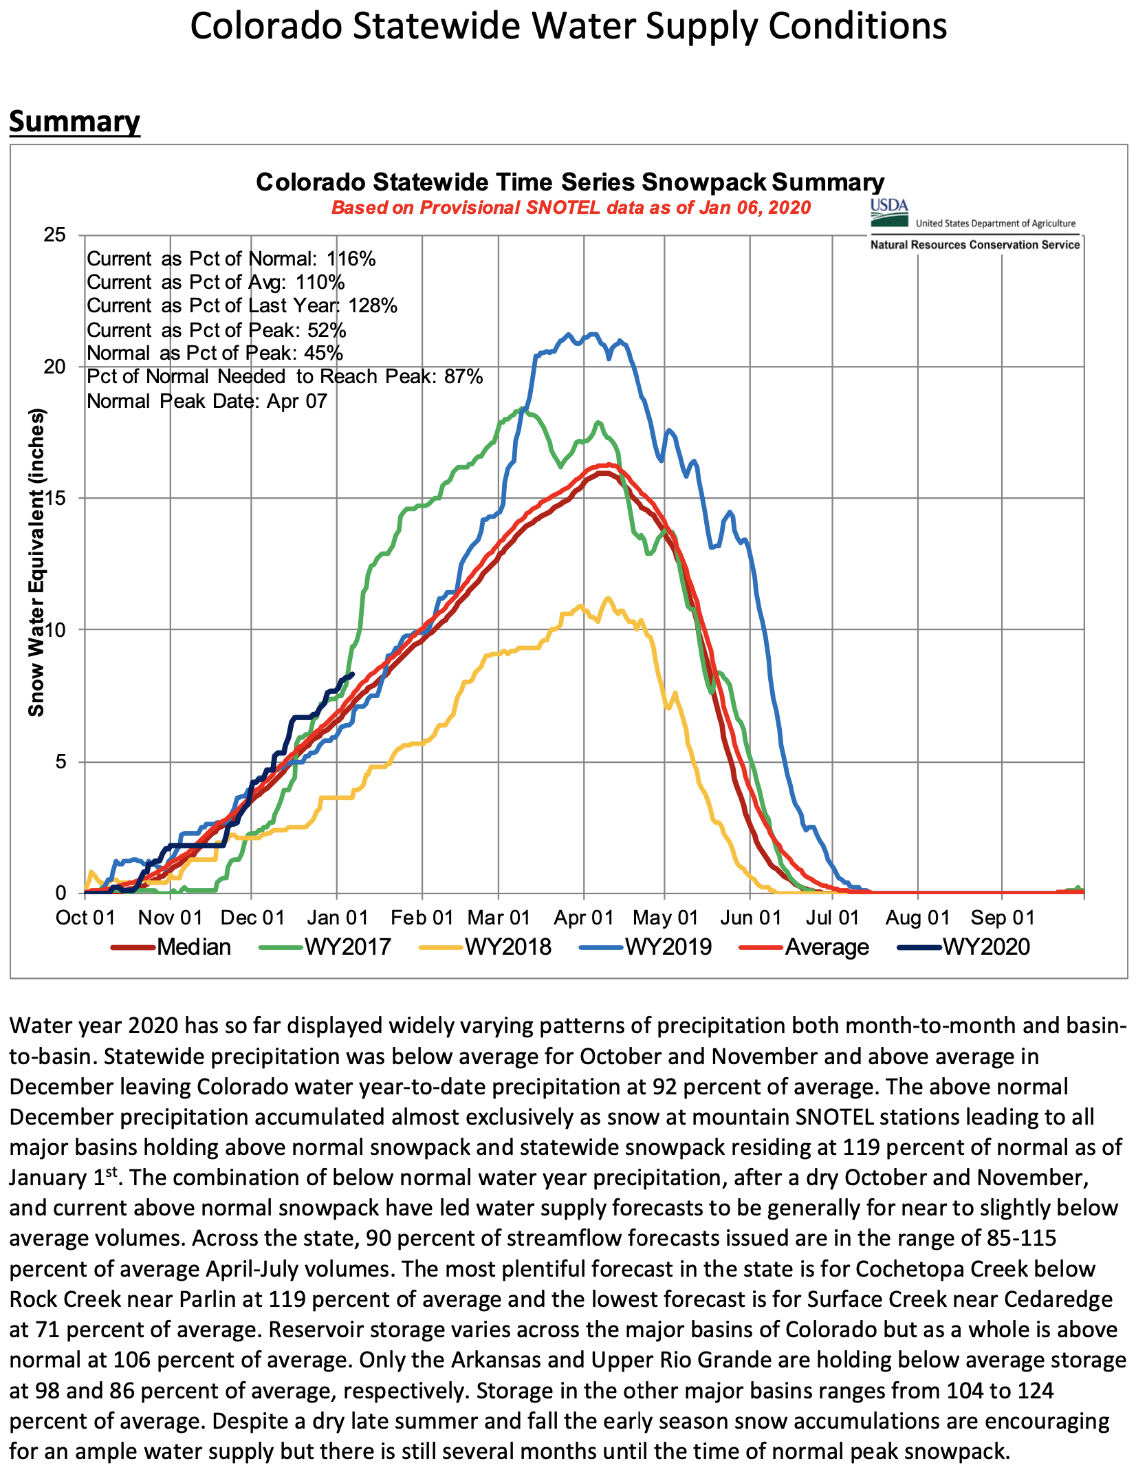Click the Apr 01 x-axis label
[584, 918]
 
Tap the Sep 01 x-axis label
[1002, 918]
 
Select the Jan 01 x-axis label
[337, 918]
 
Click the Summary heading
[74, 122]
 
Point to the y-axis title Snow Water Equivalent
[36, 562]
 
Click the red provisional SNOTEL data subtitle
[571, 208]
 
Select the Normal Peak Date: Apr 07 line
[207, 401]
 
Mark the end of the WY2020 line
[352, 674]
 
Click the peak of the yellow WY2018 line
[607, 598]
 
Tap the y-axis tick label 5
[61, 761]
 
